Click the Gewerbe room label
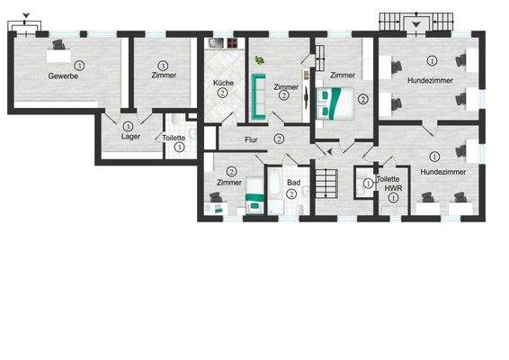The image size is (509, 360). click(64, 76)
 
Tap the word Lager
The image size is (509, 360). click(130, 138)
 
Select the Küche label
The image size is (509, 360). click(222, 83)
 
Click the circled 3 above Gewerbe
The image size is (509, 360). click(80, 65)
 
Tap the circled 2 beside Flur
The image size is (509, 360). click(279, 139)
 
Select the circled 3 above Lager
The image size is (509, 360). click(129, 126)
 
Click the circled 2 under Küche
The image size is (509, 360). click(222, 93)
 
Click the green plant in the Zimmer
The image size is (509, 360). click(260, 60)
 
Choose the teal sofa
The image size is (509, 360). click(257, 97)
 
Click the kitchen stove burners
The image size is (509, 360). click(231, 42)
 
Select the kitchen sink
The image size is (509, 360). click(216, 42)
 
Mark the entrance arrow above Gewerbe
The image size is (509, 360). click(25, 15)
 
